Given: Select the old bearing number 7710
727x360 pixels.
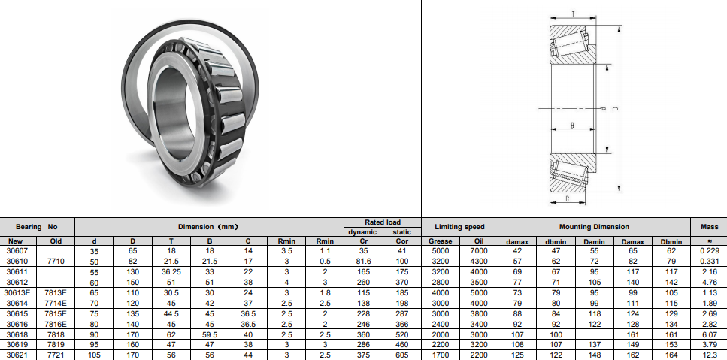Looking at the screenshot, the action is coord(56,262).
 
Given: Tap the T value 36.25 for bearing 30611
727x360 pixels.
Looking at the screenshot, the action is coord(171,272).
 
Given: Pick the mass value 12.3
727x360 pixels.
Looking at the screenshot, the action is coord(710,355).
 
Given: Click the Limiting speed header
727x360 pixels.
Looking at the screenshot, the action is coord(459,227).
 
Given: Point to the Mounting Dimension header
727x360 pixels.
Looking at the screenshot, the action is coord(594,227).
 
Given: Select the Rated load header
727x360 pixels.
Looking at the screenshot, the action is coord(383,222).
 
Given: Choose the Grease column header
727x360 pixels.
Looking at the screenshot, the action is coord(440,241).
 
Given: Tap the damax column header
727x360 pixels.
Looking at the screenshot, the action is coord(517,241).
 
